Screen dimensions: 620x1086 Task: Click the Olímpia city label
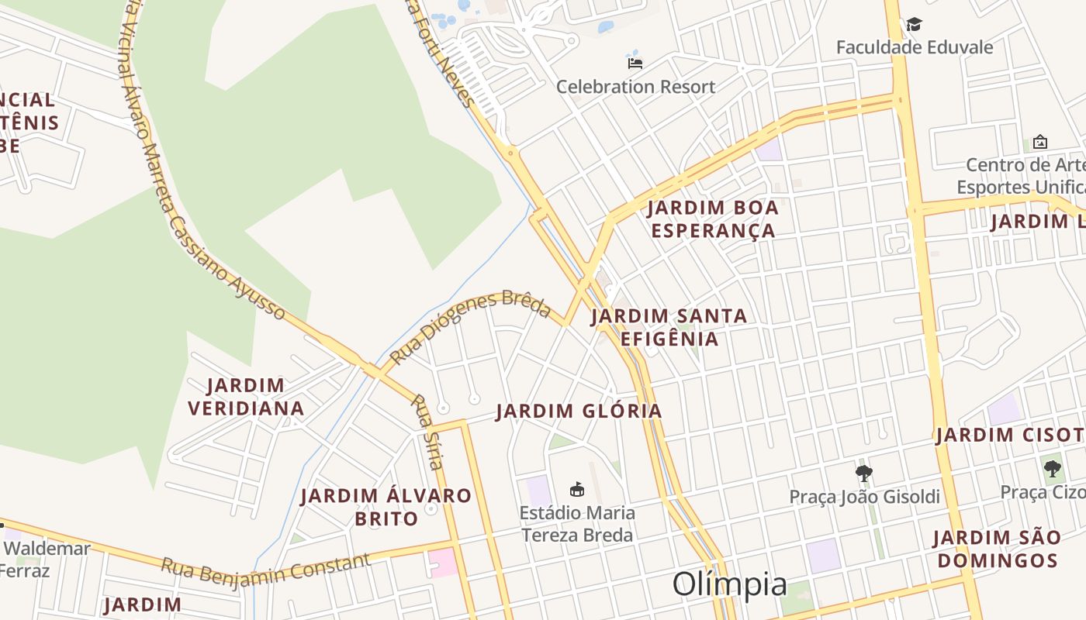coord(729,584)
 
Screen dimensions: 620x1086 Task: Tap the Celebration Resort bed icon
coord(635,63)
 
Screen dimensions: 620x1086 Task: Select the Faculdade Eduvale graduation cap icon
coord(914,24)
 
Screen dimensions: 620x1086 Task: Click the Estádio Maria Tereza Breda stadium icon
coord(577,489)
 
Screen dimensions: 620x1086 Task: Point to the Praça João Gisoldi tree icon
coord(863,473)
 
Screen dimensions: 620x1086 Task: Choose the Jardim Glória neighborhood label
coord(579,411)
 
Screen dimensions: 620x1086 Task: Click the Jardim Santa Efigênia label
coord(669,327)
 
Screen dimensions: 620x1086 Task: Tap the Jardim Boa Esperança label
coord(713,219)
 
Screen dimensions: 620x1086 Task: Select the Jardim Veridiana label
coord(246,397)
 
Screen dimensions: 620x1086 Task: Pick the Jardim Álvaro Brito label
coord(386,507)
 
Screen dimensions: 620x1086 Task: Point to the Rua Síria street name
coord(427,432)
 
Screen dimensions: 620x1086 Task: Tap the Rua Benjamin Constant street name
coord(265,570)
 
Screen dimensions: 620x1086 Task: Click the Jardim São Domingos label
coord(996,549)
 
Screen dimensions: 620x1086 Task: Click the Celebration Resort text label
coord(635,87)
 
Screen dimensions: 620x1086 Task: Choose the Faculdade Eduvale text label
coord(914,47)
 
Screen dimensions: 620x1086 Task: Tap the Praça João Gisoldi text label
coord(864,497)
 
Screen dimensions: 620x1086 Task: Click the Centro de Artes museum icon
coord(1039,142)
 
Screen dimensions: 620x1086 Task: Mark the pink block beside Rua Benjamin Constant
coord(443,562)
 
